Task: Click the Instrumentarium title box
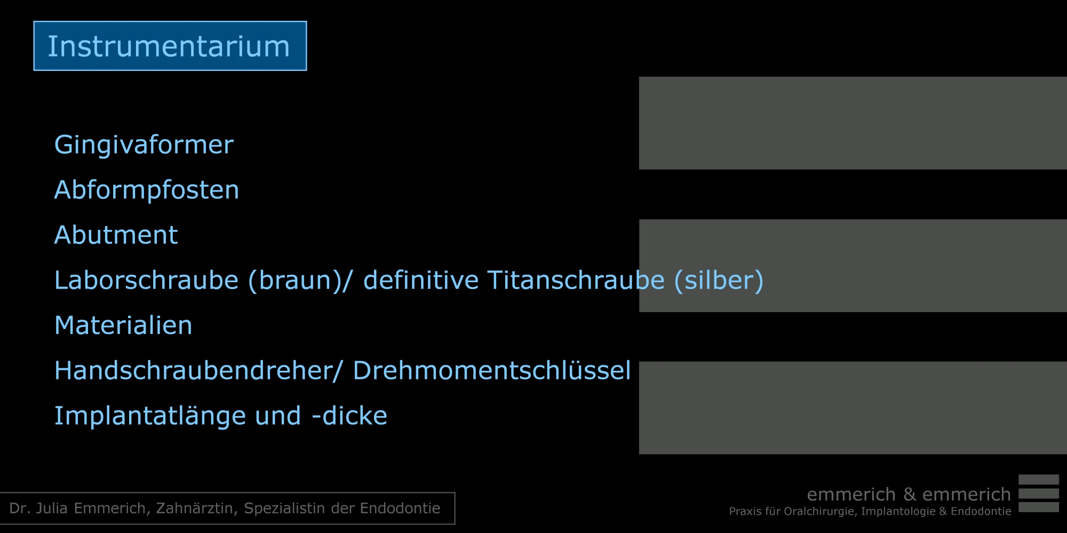click(x=170, y=46)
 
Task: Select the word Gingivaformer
click(x=144, y=145)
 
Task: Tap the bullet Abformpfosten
click(x=147, y=190)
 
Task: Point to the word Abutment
click(x=116, y=235)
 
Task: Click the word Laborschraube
click(x=146, y=280)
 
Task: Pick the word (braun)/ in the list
click(x=300, y=281)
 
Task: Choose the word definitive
click(x=421, y=280)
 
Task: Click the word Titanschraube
click(x=576, y=280)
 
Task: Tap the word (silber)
click(x=719, y=281)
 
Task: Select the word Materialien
click(x=123, y=325)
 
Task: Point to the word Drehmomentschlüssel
click(x=492, y=371)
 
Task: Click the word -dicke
click(x=349, y=416)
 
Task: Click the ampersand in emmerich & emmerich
click(x=909, y=495)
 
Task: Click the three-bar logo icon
click(x=1039, y=494)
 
